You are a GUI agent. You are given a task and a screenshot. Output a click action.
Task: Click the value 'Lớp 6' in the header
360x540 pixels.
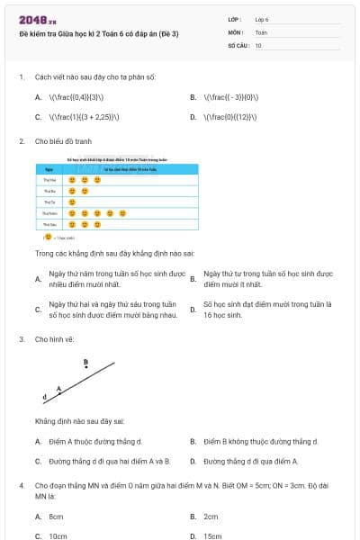pos(262,19)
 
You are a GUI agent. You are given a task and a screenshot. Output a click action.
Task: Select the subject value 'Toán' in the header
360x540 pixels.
pos(261,31)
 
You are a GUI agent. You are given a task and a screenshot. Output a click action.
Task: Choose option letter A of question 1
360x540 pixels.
pos(38,96)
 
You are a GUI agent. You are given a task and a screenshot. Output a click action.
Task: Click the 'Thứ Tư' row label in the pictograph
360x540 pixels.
pos(49,202)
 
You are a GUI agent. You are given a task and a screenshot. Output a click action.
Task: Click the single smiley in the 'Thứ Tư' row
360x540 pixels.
pos(72,202)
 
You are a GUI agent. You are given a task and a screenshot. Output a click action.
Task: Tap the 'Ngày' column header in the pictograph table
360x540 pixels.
pos(49,168)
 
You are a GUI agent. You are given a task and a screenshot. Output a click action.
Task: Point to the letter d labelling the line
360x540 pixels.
pos(44,397)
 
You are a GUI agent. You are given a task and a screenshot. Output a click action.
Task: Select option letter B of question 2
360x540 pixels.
pos(193,279)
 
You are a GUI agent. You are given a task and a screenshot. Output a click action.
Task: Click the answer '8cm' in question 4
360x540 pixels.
pos(56,517)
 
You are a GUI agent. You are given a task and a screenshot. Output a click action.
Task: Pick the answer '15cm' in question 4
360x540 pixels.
pos(211,535)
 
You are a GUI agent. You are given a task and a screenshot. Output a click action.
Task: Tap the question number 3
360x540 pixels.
pos(21,339)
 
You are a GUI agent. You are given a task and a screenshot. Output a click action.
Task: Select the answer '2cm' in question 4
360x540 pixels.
pos(211,517)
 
